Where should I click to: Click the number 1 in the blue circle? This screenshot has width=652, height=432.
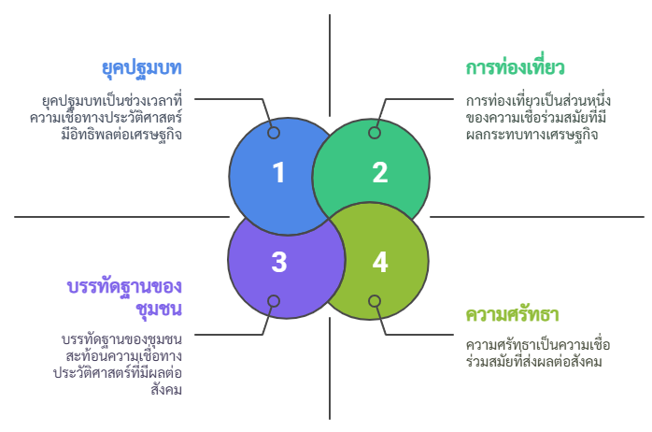[x=279, y=172]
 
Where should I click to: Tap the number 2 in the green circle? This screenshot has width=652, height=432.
[x=380, y=172]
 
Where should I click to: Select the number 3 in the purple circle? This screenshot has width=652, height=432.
[x=279, y=262]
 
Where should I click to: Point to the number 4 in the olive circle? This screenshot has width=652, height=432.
[x=380, y=262]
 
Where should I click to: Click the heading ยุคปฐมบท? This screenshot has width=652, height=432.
[x=142, y=68]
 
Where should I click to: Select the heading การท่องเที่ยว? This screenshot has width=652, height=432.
[x=515, y=67]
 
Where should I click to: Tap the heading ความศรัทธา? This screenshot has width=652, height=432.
[x=512, y=314]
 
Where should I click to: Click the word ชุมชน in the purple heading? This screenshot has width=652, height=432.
[x=159, y=310]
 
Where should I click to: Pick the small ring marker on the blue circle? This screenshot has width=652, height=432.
[x=273, y=133]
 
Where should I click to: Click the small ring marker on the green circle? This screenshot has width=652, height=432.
[x=375, y=133]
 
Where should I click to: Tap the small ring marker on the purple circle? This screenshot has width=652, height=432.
[x=273, y=301]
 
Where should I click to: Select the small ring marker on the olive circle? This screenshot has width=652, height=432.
[x=375, y=301]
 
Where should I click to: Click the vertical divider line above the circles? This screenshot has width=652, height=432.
[x=330, y=65]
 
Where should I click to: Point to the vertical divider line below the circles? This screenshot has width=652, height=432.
[x=330, y=368]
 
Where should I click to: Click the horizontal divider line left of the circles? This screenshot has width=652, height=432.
[x=121, y=217]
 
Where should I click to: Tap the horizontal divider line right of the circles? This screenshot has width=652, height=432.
[x=537, y=217]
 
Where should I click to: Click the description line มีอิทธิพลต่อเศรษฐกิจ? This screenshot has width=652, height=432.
[x=121, y=135]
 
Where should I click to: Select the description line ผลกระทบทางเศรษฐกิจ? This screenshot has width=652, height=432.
[x=532, y=135]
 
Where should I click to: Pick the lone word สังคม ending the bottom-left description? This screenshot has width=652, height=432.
[x=166, y=390]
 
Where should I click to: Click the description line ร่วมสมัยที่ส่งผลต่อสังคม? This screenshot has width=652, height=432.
[x=534, y=361]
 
